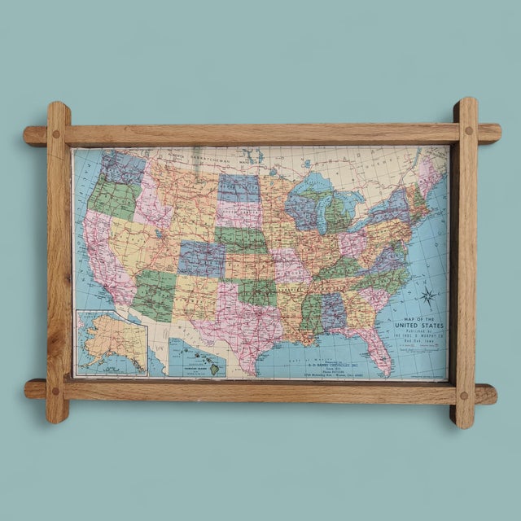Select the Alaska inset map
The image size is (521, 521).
tap(111, 342)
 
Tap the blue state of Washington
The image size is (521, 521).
tap(122, 168)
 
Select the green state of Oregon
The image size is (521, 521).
tap(110, 195)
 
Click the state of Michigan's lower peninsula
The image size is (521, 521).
tap(335, 213)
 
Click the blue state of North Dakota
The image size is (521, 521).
tap(239, 188)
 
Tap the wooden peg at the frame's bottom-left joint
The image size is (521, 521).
tap(55, 391)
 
